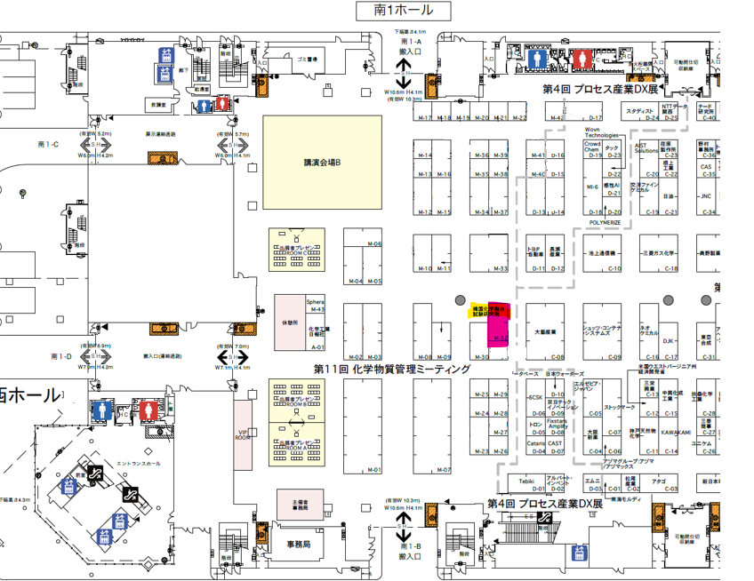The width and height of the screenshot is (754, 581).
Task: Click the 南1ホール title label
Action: coord(404,11)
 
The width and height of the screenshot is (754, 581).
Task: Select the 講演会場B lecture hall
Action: coord(322,163)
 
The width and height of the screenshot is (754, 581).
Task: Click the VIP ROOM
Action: coord(243,434)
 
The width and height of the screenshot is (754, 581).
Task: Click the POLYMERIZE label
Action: coord(605,223)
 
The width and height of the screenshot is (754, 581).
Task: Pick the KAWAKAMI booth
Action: coord(676,433)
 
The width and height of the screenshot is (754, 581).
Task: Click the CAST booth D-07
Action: coord(555,446)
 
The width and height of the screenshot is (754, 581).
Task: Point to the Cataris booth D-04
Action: coord(536,446)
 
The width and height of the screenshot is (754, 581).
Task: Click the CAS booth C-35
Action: coord(707,167)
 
